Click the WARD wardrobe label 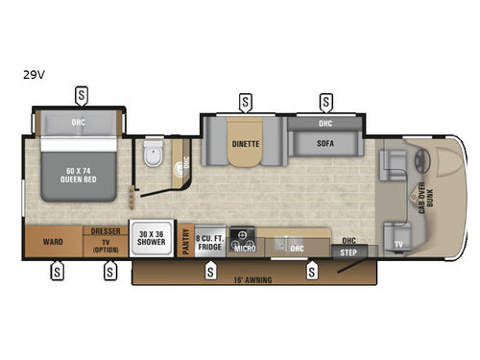click(54, 242)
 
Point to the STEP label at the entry click(347, 252)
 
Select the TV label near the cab click(397, 244)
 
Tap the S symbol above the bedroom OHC click(82, 95)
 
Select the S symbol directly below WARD click(58, 272)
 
